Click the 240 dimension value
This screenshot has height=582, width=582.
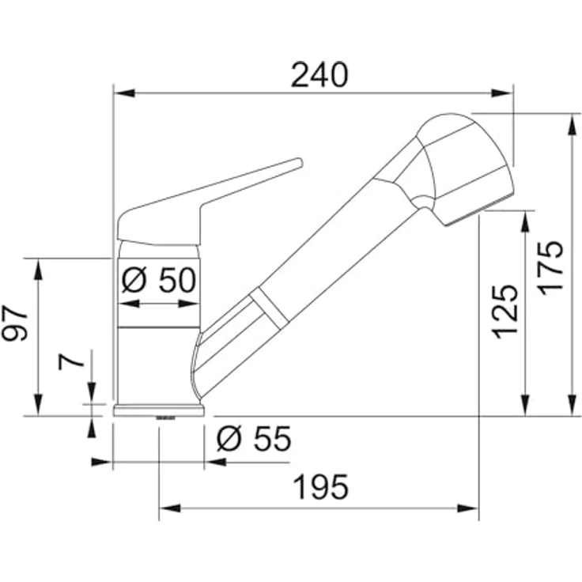(319, 75)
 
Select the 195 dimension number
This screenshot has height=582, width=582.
(321, 486)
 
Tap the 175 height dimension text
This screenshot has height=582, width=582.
(551, 268)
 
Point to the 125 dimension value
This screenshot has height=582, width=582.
(505, 312)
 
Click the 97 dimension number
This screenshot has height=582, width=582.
(14, 323)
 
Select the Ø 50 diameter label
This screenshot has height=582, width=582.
(158, 280)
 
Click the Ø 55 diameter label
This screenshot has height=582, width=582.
(255, 438)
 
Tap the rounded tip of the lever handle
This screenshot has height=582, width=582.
(300, 163)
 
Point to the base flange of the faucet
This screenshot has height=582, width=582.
(159, 410)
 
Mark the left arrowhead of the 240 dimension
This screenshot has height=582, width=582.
(124, 93)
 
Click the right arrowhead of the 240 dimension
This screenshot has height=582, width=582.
(502, 93)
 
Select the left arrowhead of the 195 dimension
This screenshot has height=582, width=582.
(170, 508)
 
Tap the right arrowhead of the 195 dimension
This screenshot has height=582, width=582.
(468, 508)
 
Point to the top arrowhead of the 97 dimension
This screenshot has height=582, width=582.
(38, 269)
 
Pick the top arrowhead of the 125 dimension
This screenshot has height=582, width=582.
(525, 222)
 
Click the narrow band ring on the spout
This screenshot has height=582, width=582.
(268, 307)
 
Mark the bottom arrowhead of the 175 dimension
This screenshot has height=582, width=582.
(573, 406)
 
